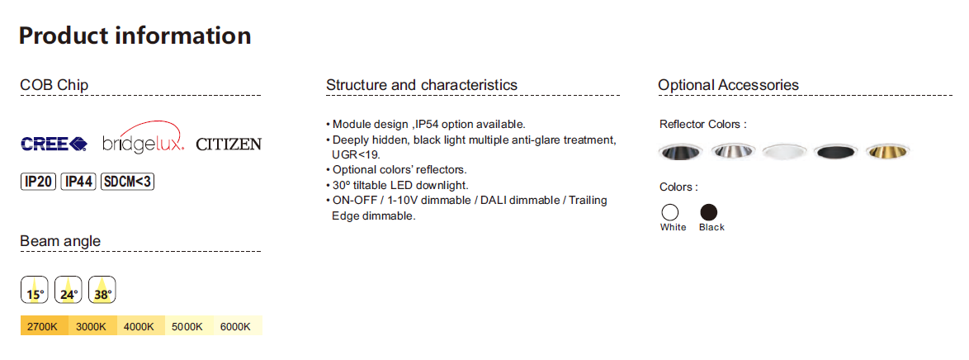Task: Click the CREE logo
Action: click(54, 144)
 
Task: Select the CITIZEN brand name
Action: click(229, 144)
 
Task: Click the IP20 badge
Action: click(39, 182)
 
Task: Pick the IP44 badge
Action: click(78, 182)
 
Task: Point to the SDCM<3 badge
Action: click(126, 182)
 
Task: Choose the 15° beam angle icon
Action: click(35, 290)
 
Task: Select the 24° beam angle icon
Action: click(69, 290)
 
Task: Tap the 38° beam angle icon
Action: click(102, 290)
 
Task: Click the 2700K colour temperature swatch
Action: click(45, 326)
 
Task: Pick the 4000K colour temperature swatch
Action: click(141, 326)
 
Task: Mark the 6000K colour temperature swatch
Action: click(238, 326)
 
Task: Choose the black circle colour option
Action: click(709, 212)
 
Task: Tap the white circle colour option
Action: click(670, 212)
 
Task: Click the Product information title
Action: click(135, 36)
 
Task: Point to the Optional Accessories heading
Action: click(729, 85)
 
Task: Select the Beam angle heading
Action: click(60, 240)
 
